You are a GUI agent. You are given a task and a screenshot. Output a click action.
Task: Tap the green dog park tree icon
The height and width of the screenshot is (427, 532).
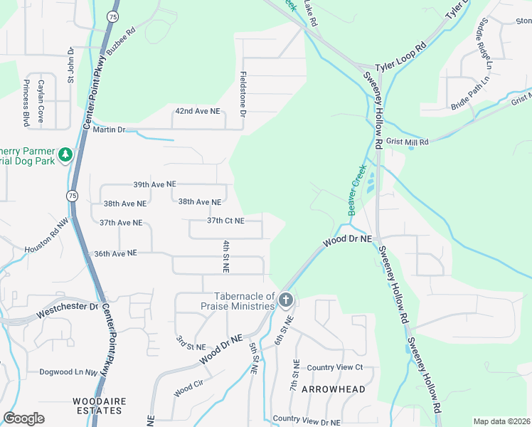click(65, 154)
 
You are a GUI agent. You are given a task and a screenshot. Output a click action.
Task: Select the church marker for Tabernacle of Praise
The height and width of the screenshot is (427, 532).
click(285, 300)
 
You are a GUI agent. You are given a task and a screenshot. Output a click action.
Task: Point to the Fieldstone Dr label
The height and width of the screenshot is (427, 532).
click(243, 94)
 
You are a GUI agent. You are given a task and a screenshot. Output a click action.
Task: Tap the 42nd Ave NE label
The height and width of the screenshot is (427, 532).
click(198, 112)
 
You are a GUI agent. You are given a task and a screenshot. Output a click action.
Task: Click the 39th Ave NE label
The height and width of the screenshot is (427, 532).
click(154, 184)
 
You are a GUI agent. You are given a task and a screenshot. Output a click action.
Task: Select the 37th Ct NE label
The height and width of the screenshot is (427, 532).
click(225, 221)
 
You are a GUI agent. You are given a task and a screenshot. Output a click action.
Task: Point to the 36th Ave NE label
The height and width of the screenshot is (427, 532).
click(115, 253)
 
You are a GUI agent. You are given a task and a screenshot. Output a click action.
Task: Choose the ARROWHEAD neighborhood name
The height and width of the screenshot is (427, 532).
click(333, 389)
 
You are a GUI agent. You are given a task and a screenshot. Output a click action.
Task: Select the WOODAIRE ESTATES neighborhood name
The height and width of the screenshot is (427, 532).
click(100, 406)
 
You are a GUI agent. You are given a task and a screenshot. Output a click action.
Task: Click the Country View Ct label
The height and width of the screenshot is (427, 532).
click(335, 367)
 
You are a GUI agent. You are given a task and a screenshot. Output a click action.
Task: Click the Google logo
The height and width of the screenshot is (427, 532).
click(24, 418)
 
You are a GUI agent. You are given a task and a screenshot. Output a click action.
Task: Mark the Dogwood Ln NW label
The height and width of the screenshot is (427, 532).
click(68, 371)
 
